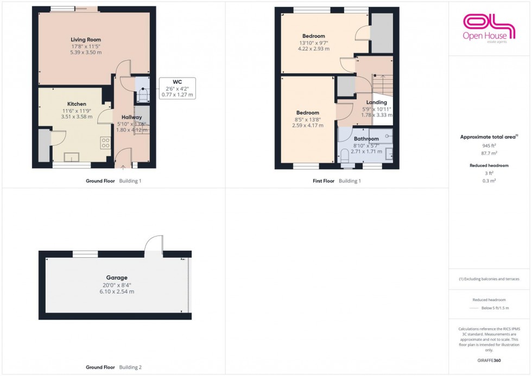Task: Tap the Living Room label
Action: point(86,40)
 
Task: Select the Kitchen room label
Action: point(77,104)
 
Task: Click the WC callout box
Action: point(177,88)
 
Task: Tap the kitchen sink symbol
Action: point(72,157)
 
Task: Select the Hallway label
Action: point(131,117)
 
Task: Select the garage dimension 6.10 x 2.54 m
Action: point(117,291)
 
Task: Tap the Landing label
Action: point(376,102)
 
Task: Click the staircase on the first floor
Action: point(382,84)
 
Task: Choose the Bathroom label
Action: point(366,139)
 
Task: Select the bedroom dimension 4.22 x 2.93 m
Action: point(313,49)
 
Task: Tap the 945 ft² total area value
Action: point(490,146)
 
